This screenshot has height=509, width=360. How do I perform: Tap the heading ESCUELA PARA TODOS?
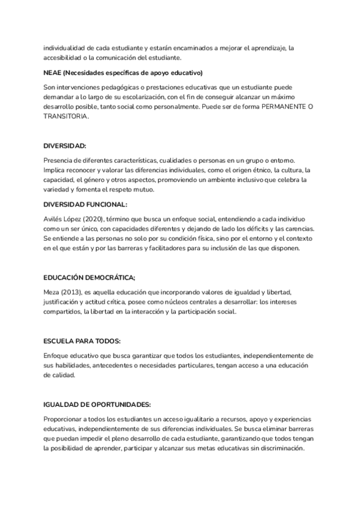coord(82,341)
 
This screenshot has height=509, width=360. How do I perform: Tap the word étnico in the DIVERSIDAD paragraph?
coord(242,170)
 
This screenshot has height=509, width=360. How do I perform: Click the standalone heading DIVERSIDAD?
coord(65,146)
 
